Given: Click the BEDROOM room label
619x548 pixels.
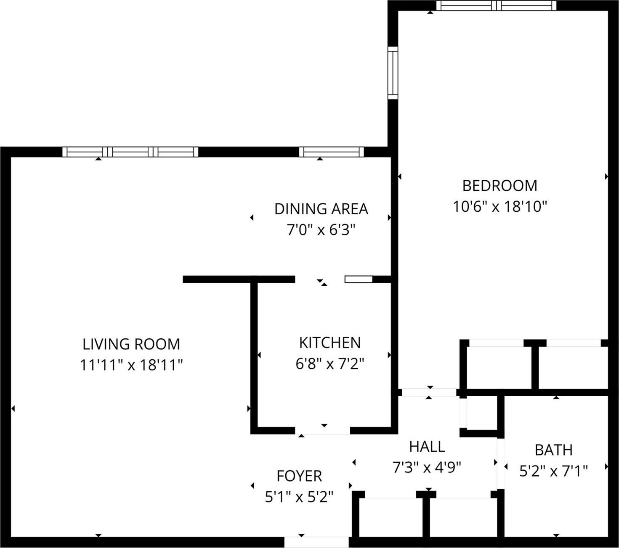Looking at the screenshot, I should (499, 185).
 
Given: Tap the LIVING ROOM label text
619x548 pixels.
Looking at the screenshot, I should (131, 344).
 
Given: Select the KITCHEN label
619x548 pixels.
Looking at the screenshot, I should (329, 342).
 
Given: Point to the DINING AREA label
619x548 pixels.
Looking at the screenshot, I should (321, 209).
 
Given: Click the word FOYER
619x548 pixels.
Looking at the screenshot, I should (299, 476).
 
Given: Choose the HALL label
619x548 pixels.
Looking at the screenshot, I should (427, 446).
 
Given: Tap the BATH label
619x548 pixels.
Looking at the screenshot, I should (553, 450).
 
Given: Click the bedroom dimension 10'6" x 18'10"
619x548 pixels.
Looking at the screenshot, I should (499, 207).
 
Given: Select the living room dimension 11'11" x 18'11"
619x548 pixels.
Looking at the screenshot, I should (131, 365).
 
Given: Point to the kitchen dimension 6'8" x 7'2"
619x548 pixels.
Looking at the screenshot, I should (329, 364).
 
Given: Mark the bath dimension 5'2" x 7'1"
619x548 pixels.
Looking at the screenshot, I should (553, 471).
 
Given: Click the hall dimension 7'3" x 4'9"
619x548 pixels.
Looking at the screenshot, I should (427, 467).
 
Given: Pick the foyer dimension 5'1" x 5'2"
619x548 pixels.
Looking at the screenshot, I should (299, 497).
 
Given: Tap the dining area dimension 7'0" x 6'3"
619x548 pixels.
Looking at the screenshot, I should (321, 230).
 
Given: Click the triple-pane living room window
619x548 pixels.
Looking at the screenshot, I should (130, 152).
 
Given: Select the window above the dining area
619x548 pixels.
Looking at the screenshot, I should (331, 152).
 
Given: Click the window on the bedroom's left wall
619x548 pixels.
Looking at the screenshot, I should (393, 73).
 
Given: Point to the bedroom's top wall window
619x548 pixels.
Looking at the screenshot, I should (497, 5).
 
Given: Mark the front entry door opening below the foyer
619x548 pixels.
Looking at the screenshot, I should (316, 542).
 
